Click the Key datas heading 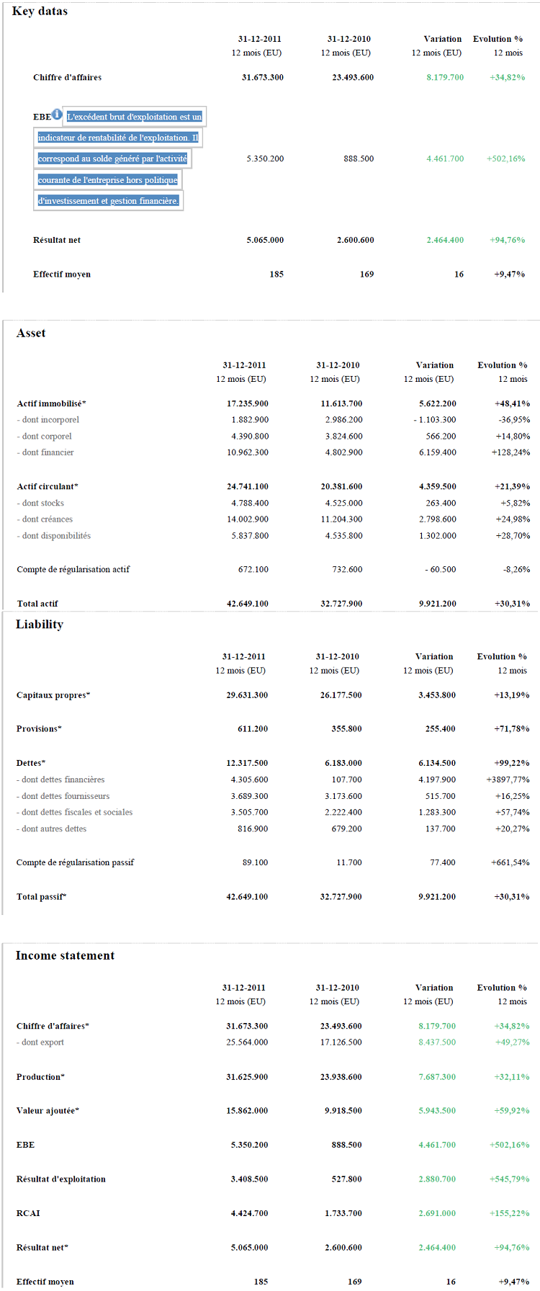(x=40, y=12)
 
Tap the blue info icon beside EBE (x=57, y=113)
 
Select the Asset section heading (x=31, y=334)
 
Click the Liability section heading (x=40, y=625)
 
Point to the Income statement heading (x=65, y=956)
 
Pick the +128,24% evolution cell (x=510, y=452)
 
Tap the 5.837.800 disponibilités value (x=250, y=536)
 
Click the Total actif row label (x=37, y=604)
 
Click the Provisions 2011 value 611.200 (x=253, y=729)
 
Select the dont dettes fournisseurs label (x=63, y=796)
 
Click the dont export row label (x=40, y=1042)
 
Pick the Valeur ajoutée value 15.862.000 (x=247, y=1111)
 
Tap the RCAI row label (x=28, y=1213)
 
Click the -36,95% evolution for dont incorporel (x=514, y=420)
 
